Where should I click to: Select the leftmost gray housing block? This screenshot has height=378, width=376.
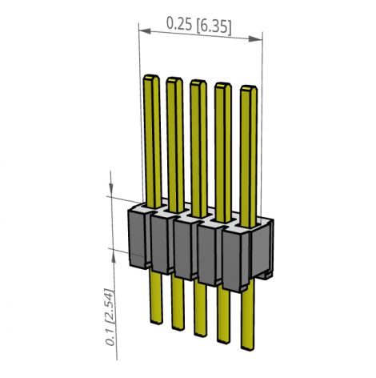(139, 235)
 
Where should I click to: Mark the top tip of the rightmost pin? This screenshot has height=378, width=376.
(250, 88)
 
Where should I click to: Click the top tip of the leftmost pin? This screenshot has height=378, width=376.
(150, 78)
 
